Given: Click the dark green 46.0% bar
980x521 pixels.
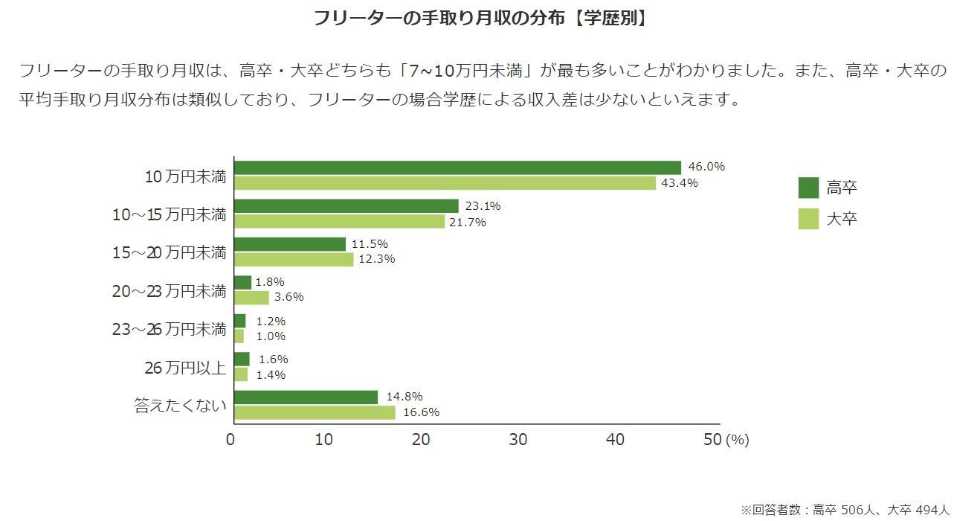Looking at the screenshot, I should click(457, 167).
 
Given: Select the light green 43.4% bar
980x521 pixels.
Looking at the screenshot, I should click(445, 183).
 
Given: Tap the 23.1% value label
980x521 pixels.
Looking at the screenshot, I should click(483, 206).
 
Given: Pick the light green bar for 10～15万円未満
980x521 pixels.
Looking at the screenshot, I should click(339, 222).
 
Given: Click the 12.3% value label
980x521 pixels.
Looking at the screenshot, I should click(376, 259).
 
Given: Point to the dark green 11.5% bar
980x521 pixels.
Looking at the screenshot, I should click(290, 244).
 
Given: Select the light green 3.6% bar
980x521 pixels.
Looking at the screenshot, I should click(251, 298).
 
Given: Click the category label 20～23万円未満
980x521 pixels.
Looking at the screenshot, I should click(169, 291).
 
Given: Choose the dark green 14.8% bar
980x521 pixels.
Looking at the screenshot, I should click(306, 397).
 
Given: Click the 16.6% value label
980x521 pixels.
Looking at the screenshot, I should click(420, 412).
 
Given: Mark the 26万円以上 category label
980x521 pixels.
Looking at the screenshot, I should click(184, 368).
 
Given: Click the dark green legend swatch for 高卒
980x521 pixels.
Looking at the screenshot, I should click(808, 188).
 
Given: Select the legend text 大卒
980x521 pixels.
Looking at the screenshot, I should click(842, 220).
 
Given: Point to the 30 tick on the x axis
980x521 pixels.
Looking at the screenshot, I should click(518, 440).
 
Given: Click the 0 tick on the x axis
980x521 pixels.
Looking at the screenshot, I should click(231, 440).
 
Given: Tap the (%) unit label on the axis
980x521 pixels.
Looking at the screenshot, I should click(737, 440).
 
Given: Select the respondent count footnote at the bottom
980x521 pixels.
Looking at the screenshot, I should click(845, 510).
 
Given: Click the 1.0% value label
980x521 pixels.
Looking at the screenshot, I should click(271, 336).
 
